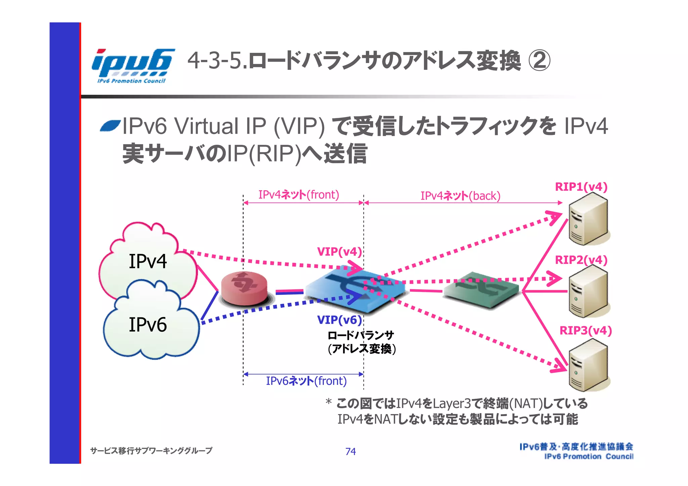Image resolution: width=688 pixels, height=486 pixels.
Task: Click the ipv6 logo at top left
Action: coord(133,65)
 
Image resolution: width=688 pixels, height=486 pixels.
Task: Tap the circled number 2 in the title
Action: coord(539,61)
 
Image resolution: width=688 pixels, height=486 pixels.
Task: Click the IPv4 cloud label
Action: coord(147,261)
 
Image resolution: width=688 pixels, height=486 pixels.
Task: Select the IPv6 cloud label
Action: coord(147,324)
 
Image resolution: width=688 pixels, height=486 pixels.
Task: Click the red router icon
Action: coord(244,289)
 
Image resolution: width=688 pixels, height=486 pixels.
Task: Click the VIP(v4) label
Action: coord(339,252)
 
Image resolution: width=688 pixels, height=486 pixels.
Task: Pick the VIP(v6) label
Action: coord(339,320)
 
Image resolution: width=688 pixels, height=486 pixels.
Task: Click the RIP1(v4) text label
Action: coord(581,187)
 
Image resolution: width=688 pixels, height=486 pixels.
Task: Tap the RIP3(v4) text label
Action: coord(586,330)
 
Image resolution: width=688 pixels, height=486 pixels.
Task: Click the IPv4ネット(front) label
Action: coord(299,194)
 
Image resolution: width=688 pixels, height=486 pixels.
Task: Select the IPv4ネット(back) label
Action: coord(461,195)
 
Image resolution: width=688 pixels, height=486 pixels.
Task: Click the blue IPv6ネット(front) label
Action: coord(306,381)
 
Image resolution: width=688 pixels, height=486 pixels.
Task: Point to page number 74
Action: coord(350,451)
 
